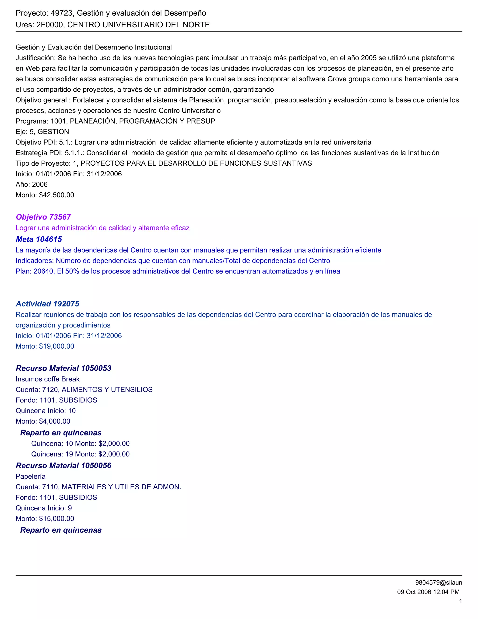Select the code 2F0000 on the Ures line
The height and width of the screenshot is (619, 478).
(x=49, y=25)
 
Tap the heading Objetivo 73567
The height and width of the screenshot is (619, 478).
(x=43, y=217)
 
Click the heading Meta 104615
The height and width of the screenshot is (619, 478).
(x=39, y=239)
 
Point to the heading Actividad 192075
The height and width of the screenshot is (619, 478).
(x=47, y=304)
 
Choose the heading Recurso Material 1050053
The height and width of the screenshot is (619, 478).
(x=63, y=368)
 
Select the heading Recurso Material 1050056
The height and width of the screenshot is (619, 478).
(x=63, y=466)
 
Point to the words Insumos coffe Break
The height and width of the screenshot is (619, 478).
(x=48, y=379)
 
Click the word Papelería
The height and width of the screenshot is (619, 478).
(x=31, y=477)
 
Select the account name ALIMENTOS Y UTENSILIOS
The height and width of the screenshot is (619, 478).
(x=107, y=390)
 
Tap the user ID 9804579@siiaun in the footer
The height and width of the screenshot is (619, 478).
(x=439, y=583)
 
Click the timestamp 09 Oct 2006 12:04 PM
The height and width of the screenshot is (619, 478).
(x=428, y=592)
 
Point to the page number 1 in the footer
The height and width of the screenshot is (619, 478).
(x=460, y=601)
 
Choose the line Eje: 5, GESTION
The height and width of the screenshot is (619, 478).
(x=42, y=132)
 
